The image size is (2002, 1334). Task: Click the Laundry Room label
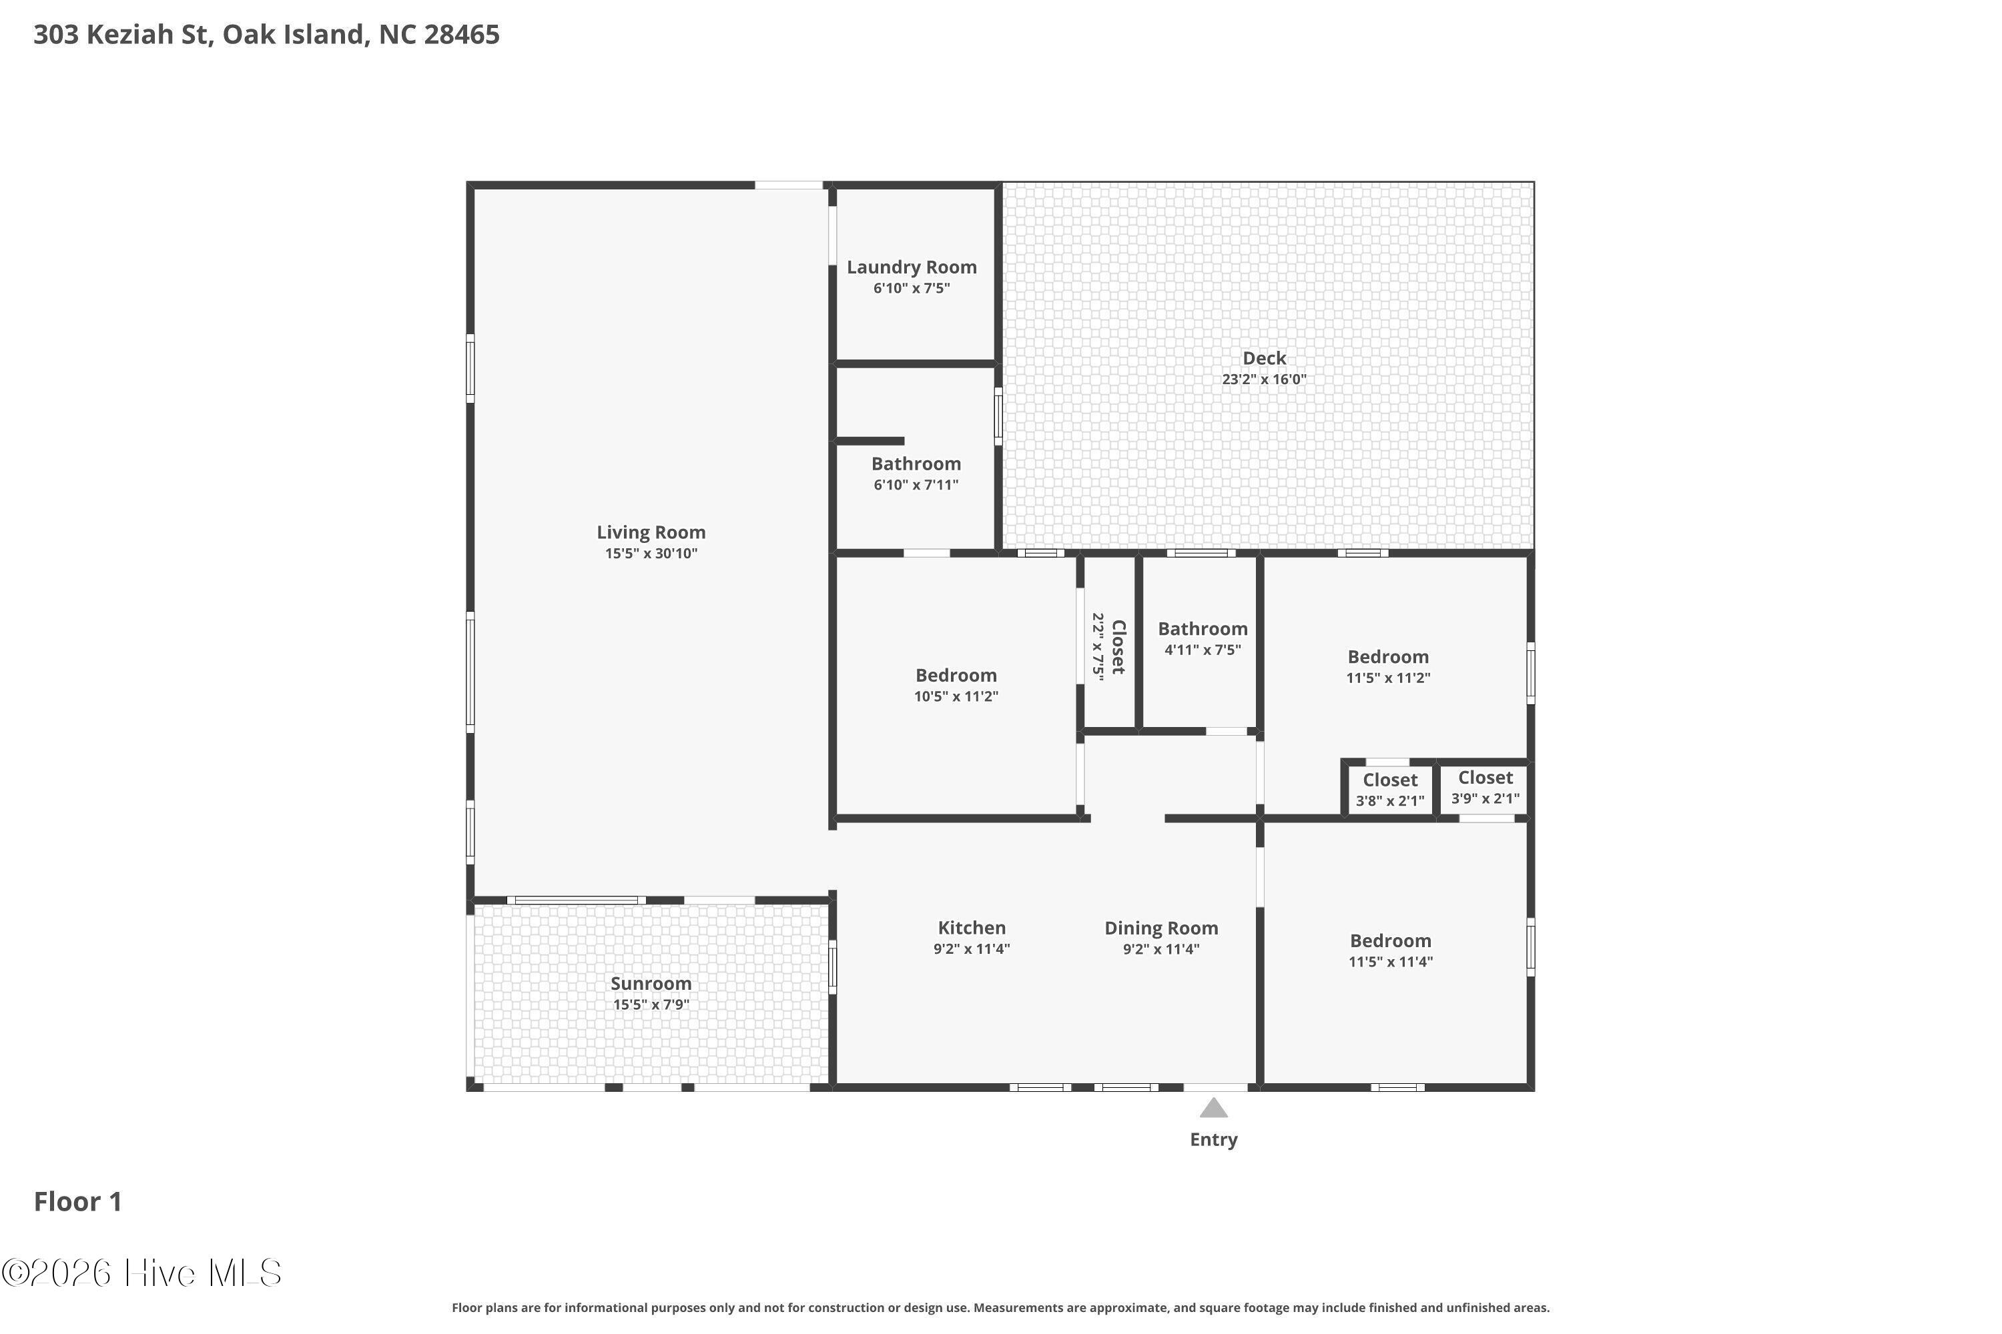point(912,267)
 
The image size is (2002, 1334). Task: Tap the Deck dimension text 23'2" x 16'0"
point(1264,380)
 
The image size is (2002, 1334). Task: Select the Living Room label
point(651,532)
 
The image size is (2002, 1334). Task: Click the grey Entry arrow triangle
point(1214,1108)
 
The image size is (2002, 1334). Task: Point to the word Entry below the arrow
point(1214,1140)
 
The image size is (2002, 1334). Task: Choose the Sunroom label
point(651,983)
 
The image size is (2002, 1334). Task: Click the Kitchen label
point(972,928)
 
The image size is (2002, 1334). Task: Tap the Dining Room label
point(1162,928)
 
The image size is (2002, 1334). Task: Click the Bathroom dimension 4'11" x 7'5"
point(1203,650)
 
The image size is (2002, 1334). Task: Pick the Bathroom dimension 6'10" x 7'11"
point(916,485)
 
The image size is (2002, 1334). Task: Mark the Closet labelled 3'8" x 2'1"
point(1390,780)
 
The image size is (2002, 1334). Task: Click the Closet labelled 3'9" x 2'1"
point(1485,778)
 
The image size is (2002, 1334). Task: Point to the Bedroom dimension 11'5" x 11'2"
point(1388,678)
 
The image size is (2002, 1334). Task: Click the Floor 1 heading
point(78,1201)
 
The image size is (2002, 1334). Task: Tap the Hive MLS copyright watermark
point(141,1273)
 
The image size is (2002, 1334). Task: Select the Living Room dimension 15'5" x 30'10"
point(651,554)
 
